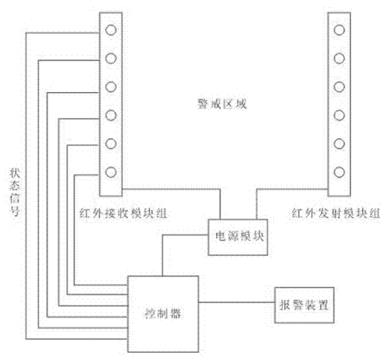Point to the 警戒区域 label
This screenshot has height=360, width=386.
pos(222,104)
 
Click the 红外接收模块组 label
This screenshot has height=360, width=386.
pos(123,214)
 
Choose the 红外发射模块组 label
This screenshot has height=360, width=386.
pos(336,214)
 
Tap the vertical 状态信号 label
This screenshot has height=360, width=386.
pos(15,192)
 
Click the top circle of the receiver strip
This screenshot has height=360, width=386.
pos(111,30)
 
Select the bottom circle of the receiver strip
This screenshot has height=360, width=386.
pos(111,172)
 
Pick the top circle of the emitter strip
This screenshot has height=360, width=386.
pos(339,30)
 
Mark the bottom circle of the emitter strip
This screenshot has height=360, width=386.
pos(339,172)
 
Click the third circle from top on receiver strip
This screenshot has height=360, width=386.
pos(111,87)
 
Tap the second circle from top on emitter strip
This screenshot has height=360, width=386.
pos(339,58)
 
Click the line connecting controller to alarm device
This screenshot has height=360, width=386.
pos(236,302)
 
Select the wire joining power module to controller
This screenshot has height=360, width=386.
pos(163,235)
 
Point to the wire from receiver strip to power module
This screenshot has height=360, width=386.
pos(220,190)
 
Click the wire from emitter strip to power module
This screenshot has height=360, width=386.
pos(257,190)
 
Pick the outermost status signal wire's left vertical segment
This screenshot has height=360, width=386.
pos(26,186)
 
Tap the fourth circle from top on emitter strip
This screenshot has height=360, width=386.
pos(339,115)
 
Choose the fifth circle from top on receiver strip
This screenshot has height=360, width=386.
pos(111,144)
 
